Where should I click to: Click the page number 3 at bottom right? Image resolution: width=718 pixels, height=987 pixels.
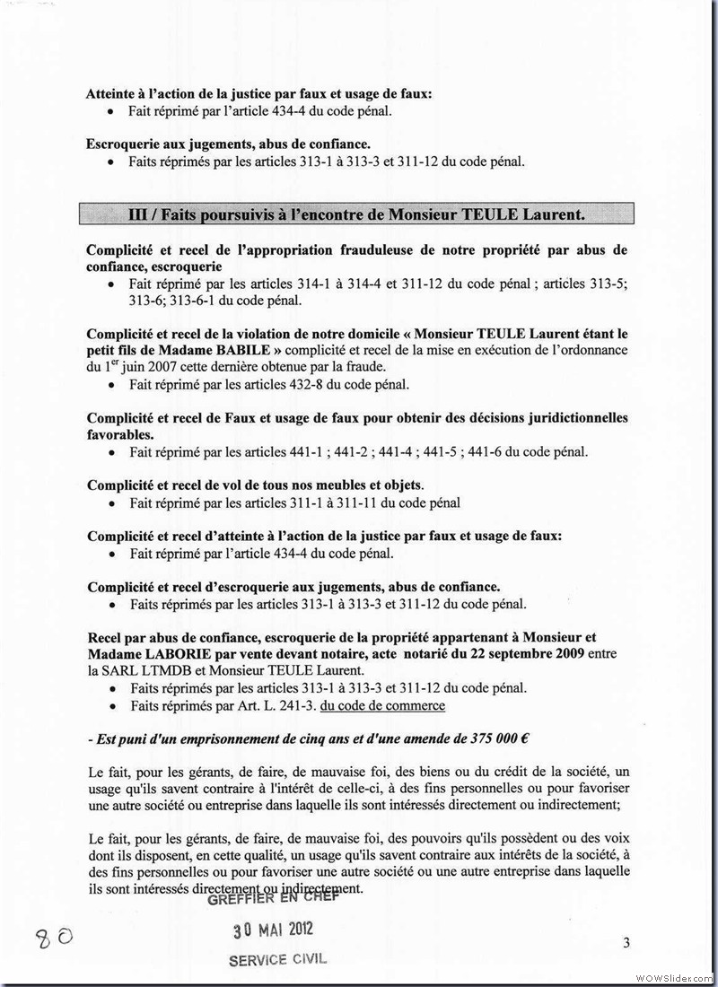626,942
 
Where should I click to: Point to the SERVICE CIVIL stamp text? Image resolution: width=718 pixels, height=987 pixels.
277,958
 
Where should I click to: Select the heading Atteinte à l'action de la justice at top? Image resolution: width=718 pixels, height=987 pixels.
258,93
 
